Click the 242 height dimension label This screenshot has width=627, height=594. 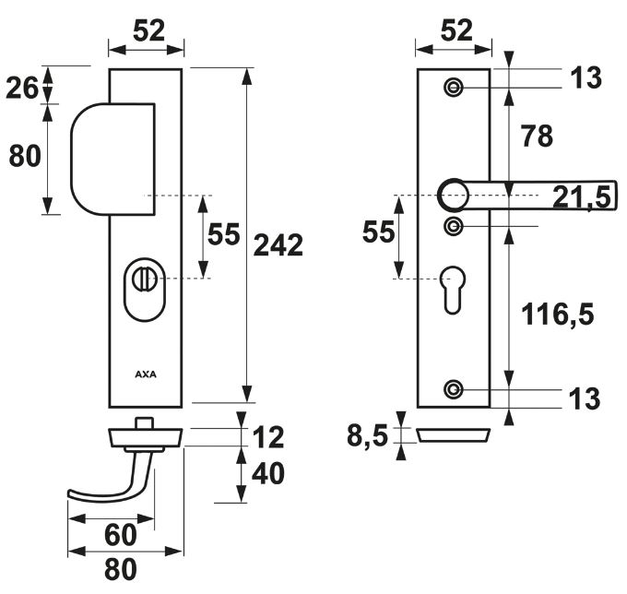coord(278,245)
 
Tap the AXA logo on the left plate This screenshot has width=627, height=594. coord(146,375)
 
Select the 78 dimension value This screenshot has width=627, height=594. coord(537,137)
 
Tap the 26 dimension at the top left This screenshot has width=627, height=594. coord(23,88)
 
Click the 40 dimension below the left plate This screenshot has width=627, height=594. coord(267,474)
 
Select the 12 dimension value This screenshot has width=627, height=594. coord(266,436)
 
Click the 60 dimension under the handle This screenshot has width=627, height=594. coord(119,534)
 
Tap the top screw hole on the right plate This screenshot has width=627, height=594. coord(452,88)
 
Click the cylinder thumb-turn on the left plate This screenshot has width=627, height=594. coord(146,277)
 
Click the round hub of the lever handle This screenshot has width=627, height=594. coord(452,194)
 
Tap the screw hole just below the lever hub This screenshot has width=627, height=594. coord(452,226)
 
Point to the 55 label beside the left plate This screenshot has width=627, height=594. coord(223,235)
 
